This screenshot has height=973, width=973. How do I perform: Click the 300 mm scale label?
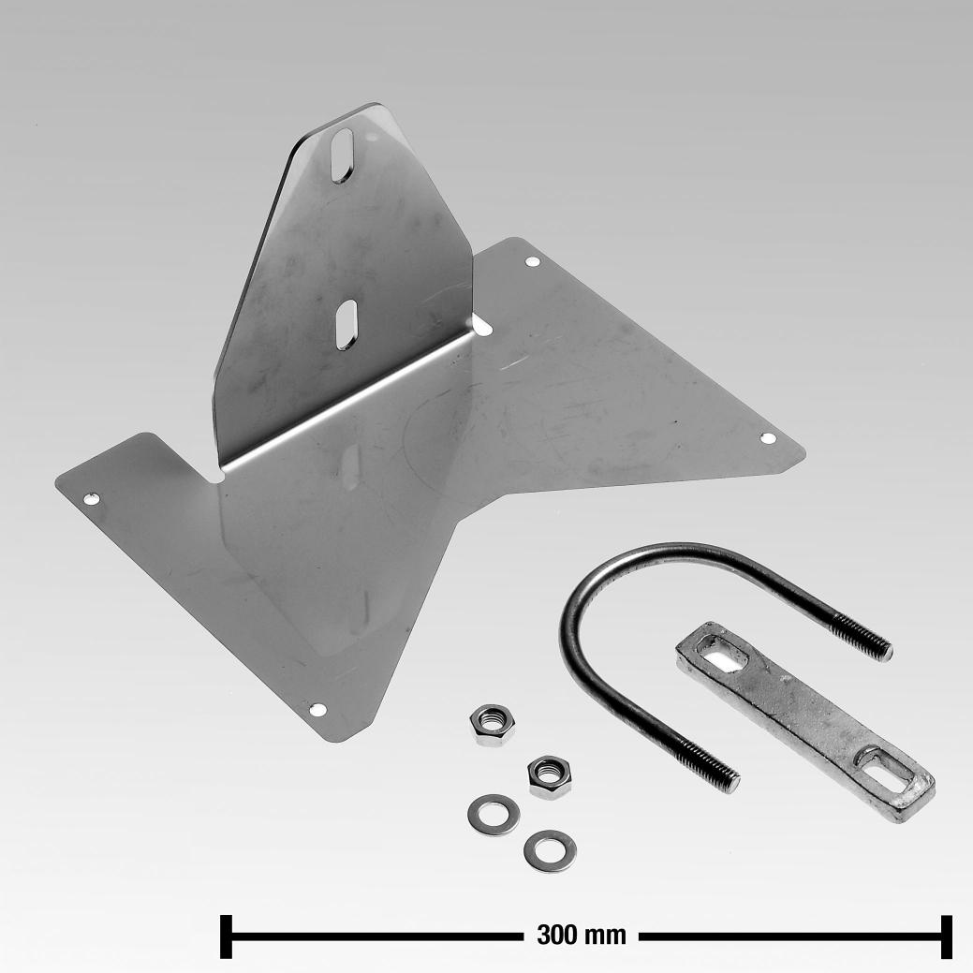pyautogui.click(x=581, y=935)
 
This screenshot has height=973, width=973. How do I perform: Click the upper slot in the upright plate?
pyautogui.click(x=342, y=155)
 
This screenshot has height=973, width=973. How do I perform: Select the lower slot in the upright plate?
pyautogui.click(x=345, y=324)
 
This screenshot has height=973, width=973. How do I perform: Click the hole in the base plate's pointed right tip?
pyautogui.click(x=767, y=437)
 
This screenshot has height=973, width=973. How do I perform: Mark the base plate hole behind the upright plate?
pyautogui.click(x=532, y=262)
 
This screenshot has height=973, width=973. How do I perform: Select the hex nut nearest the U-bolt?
pyautogui.click(x=547, y=774)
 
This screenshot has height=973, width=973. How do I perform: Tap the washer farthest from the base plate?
pyautogui.click(x=550, y=849)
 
